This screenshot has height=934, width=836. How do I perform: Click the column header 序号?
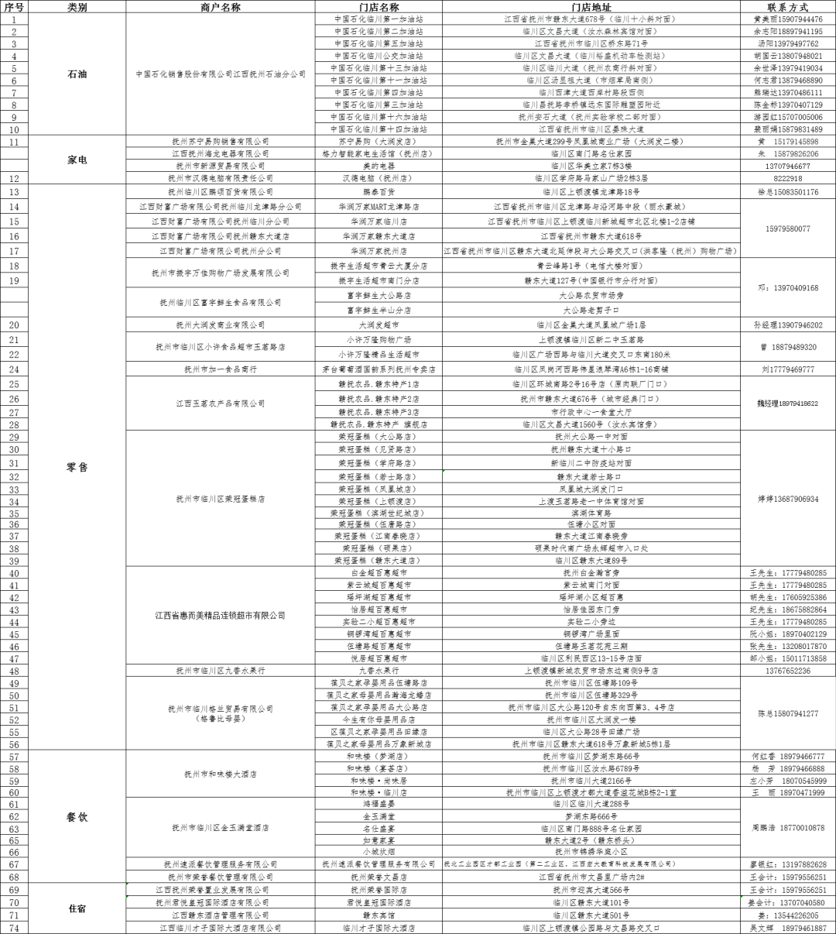click(x=14, y=6)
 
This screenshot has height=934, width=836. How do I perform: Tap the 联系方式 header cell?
click(x=788, y=6)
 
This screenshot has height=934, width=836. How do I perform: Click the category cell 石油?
click(x=77, y=74)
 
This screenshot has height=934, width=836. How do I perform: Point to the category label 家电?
click(x=77, y=160)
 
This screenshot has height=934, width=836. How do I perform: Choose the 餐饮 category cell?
click(x=77, y=816)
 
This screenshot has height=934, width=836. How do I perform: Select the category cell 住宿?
click(x=77, y=908)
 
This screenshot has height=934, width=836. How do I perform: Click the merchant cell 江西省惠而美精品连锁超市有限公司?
click(x=220, y=616)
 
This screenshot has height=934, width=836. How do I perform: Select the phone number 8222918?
click(x=788, y=178)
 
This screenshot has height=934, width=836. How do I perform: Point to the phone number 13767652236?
click(x=788, y=671)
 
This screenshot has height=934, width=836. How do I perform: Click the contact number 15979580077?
click(x=788, y=228)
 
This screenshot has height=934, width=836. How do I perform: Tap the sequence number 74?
click(x=14, y=927)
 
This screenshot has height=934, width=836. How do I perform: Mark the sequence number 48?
click(x=14, y=671)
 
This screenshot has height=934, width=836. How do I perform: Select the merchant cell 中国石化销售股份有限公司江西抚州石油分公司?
click(x=220, y=74)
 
